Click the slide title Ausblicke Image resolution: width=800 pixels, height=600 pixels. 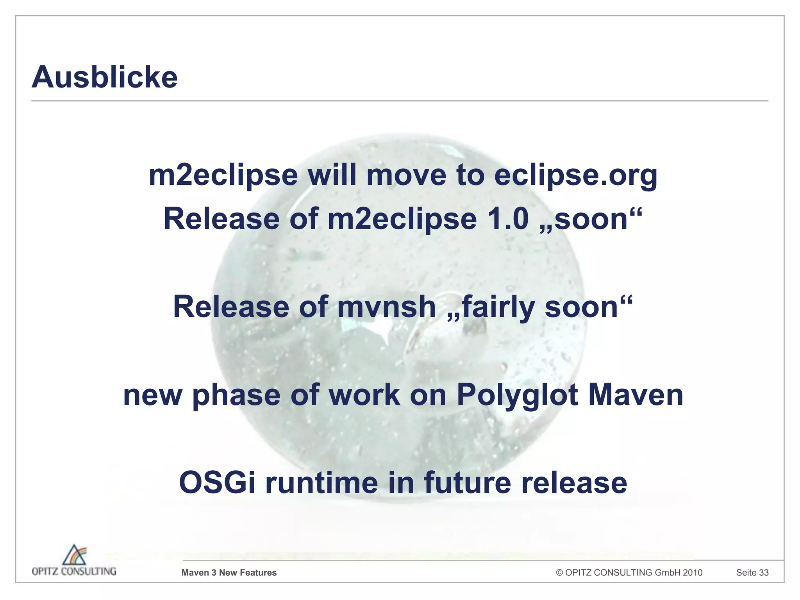(105, 77)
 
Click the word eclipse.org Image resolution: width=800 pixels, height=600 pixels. (575, 175)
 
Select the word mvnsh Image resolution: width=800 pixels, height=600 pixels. (386, 307)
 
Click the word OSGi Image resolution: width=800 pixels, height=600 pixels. (217, 483)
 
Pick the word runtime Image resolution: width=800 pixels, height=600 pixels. (322, 483)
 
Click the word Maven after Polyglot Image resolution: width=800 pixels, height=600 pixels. (636, 395)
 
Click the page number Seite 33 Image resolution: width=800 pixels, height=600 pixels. (752, 573)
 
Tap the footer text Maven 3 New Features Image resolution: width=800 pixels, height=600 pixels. (229, 573)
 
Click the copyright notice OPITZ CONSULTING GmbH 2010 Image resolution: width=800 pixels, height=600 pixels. (629, 573)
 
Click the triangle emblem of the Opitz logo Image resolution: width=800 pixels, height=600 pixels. (75, 555)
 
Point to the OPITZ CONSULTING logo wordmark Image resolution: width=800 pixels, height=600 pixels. (74, 571)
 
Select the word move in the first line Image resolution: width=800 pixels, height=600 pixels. (406, 175)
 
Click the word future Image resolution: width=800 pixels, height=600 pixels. (468, 483)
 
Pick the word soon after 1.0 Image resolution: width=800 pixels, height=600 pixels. (590, 219)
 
